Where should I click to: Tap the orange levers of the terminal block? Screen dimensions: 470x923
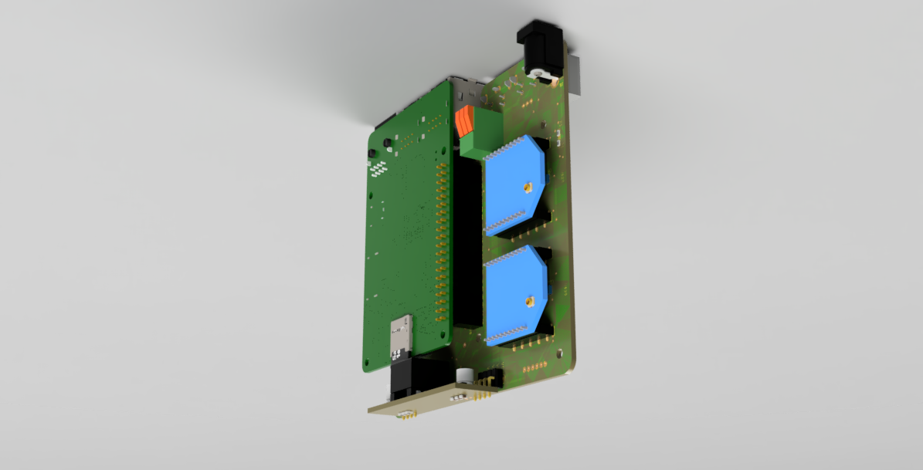(x=465, y=122)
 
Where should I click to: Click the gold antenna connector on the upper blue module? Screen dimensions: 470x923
(x=527, y=187)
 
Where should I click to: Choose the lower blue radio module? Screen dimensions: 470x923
(x=516, y=297)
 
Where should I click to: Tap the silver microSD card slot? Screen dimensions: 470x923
(x=400, y=333)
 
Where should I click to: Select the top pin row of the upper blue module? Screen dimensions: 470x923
(x=512, y=146)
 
